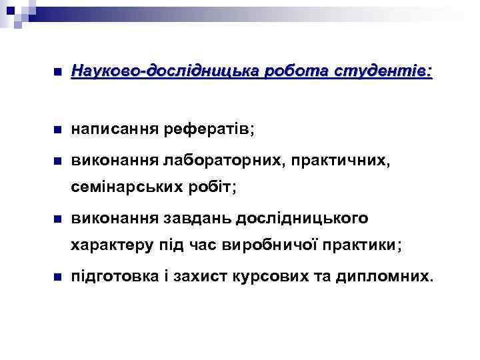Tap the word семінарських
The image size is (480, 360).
click(125, 187)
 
